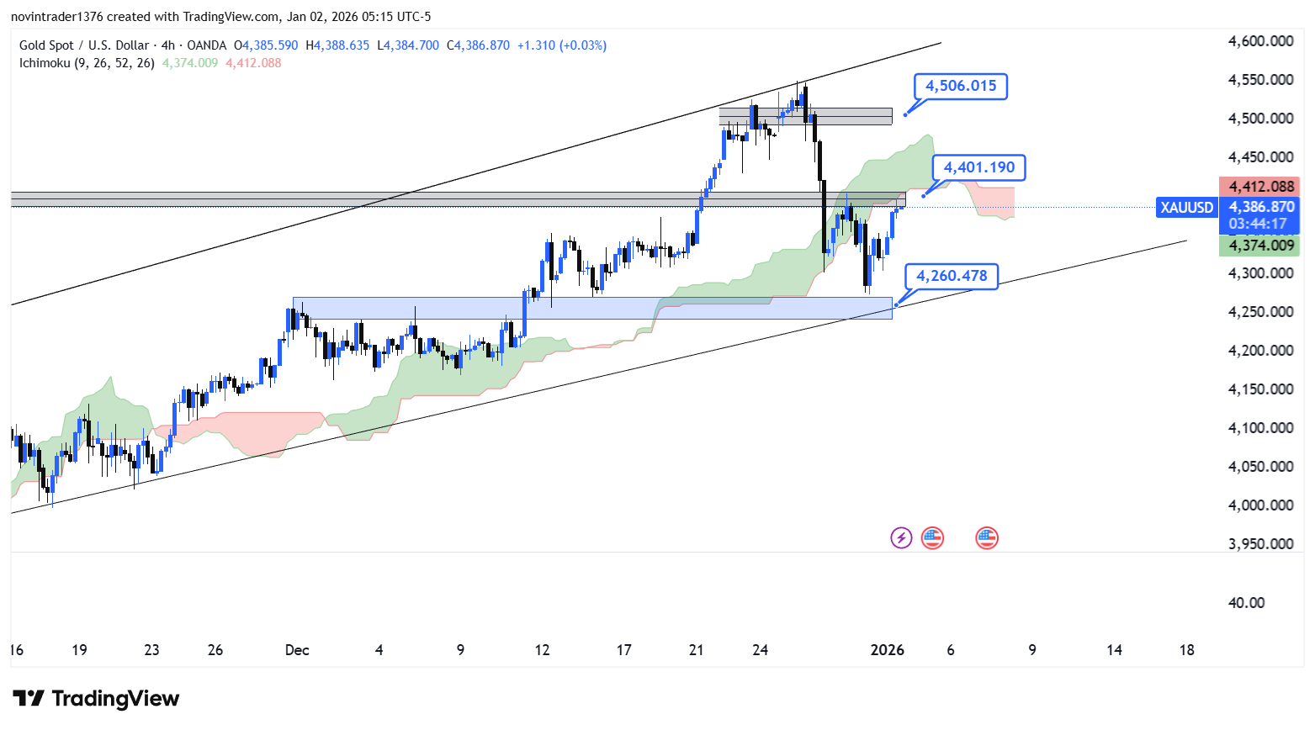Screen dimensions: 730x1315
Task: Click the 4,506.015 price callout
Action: pyautogui.click(x=961, y=86)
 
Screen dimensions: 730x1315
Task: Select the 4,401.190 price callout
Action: pyautogui.click(x=978, y=167)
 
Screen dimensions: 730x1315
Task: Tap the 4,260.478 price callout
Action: pyautogui.click(x=952, y=276)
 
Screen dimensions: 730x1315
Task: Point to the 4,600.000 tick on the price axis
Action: pyautogui.click(x=1260, y=41)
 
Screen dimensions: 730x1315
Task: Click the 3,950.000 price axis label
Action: pyautogui.click(x=1260, y=544)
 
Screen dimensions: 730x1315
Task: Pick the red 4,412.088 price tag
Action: pyautogui.click(x=1260, y=187)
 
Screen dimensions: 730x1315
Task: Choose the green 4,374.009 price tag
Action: pyautogui.click(x=1260, y=246)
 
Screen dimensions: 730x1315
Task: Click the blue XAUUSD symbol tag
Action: pyautogui.click(x=1186, y=207)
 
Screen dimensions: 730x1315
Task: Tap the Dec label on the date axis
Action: pyautogui.click(x=297, y=650)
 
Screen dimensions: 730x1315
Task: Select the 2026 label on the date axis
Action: pyautogui.click(x=887, y=650)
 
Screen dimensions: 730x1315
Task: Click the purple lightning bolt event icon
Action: pyautogui.click(x=901, y=537)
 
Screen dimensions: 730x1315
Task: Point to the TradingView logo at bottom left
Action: pyautogui.click(x=96, y=699)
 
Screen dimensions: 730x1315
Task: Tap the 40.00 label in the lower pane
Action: pyautogui.click(x=1246, y=603)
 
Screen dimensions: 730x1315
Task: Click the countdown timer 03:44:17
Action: pyautogui.click(x=1257, y=224)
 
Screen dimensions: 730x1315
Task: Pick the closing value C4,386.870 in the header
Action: pyautogui.click(x=478, y=45)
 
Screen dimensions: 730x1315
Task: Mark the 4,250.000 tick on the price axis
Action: pyautogui.click(x=1260, y=312)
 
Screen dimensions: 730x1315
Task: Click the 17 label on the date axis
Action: pyautogui.click(x=623, y=650)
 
